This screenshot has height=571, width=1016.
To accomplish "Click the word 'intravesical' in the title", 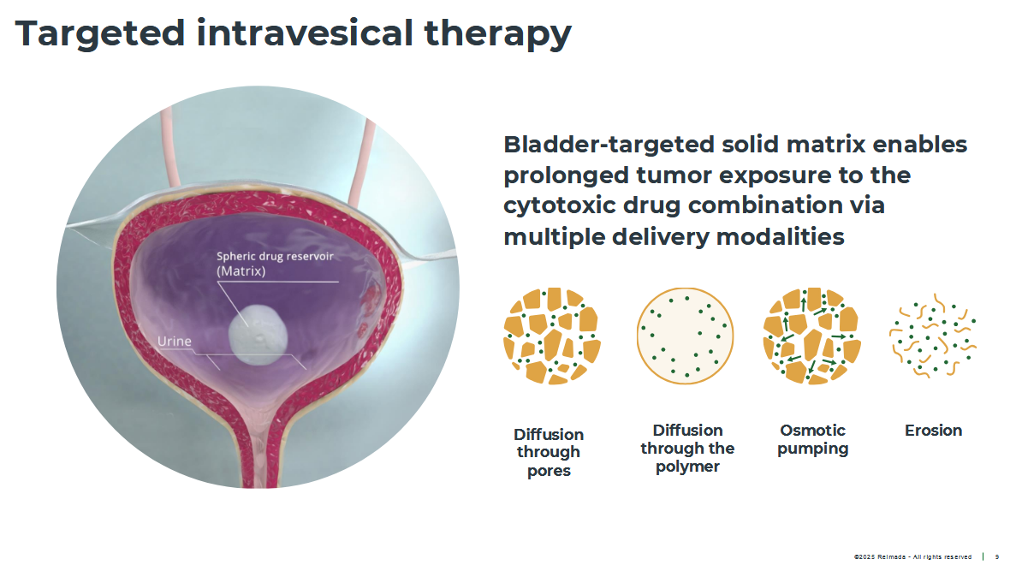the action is [305, 33].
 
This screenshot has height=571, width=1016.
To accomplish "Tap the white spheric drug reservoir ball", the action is [258, 335].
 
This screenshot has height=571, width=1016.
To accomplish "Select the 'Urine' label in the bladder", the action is [175, 341].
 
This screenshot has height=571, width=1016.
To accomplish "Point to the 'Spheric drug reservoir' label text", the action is [275, 256].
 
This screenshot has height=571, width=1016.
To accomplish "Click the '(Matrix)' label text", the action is [241, 271].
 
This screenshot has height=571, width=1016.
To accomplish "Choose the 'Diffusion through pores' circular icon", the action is [551, 336].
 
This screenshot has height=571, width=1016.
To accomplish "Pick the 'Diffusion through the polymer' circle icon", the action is [685, 336].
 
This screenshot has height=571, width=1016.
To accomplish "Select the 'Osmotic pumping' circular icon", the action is [812, 336].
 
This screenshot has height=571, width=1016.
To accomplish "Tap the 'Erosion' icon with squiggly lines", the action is [933, 336].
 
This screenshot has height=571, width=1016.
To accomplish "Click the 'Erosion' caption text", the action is [933, 431].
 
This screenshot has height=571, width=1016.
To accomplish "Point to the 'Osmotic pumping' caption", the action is [812, 440].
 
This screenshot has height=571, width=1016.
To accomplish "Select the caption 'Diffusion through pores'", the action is [549, 452].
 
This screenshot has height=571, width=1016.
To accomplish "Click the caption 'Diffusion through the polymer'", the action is [687, 449].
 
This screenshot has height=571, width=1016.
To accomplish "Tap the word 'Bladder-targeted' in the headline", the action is [609, 145].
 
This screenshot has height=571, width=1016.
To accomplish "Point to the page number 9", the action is [997, 556].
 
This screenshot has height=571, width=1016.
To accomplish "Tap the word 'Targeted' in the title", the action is [100, 33].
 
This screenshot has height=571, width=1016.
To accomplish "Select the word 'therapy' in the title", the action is [497, 33].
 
